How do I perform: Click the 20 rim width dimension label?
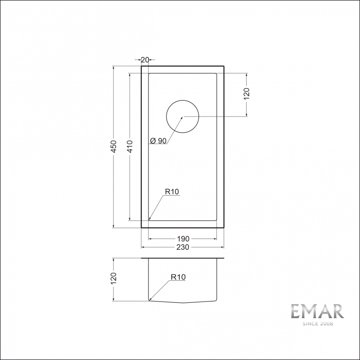tap(145, 59)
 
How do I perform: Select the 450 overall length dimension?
tap(114, 147)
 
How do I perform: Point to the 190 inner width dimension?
tap(183, 238)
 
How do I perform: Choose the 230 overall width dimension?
tap(183, 247)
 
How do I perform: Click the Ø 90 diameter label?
tap(158, 141)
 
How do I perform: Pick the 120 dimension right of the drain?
tap(247, 94)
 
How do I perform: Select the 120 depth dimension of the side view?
tap(114, 279)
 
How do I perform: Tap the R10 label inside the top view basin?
tap(172, 192)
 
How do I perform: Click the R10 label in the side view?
tap(178, 277)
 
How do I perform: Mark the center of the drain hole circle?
tap(183, 117)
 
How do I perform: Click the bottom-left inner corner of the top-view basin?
tap(149, 220)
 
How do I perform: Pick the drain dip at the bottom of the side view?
tap(183, 303)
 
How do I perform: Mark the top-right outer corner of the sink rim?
tap(224, 66)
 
